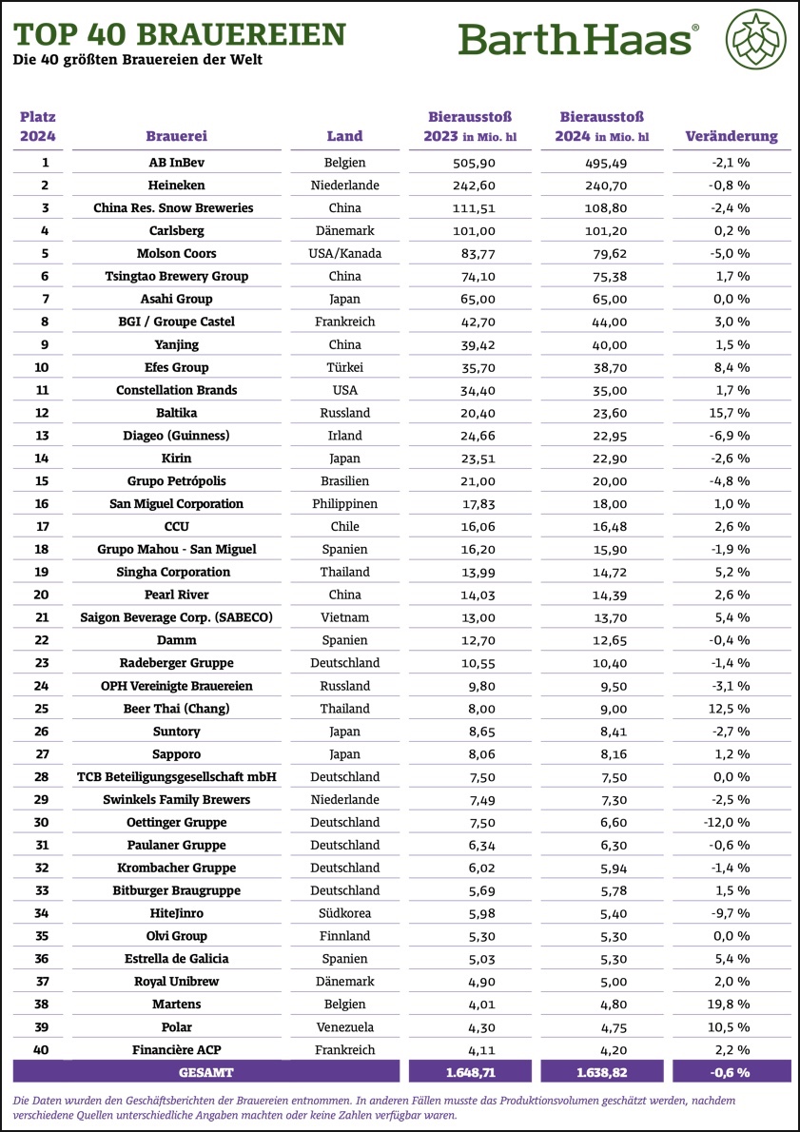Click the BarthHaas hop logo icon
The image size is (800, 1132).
click(756, 40)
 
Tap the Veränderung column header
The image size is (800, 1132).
click(731, 136)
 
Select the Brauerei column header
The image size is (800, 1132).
click(176, 136)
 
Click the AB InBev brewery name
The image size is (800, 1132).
click(176, 163)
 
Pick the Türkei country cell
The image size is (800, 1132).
click(343, 367)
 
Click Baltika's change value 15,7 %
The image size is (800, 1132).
click(731, 413)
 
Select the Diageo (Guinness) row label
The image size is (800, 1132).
click(176, 436)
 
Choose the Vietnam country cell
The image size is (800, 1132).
click(343, 617)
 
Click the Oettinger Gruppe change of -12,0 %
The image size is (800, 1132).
click(731, 822)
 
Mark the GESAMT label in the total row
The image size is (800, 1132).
click(176, 1071)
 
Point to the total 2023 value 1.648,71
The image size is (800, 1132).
click(470, 1071)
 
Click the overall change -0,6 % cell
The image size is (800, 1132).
click(731, 1071)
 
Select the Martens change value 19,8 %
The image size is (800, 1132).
click(731, 1004)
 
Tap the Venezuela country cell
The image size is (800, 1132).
click(343, 1026)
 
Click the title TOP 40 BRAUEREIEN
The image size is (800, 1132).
click(179, 34)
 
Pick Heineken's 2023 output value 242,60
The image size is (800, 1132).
click(470, 185)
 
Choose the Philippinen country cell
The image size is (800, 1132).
click(343, 503)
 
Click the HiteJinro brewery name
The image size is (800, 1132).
click(176, 913)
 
